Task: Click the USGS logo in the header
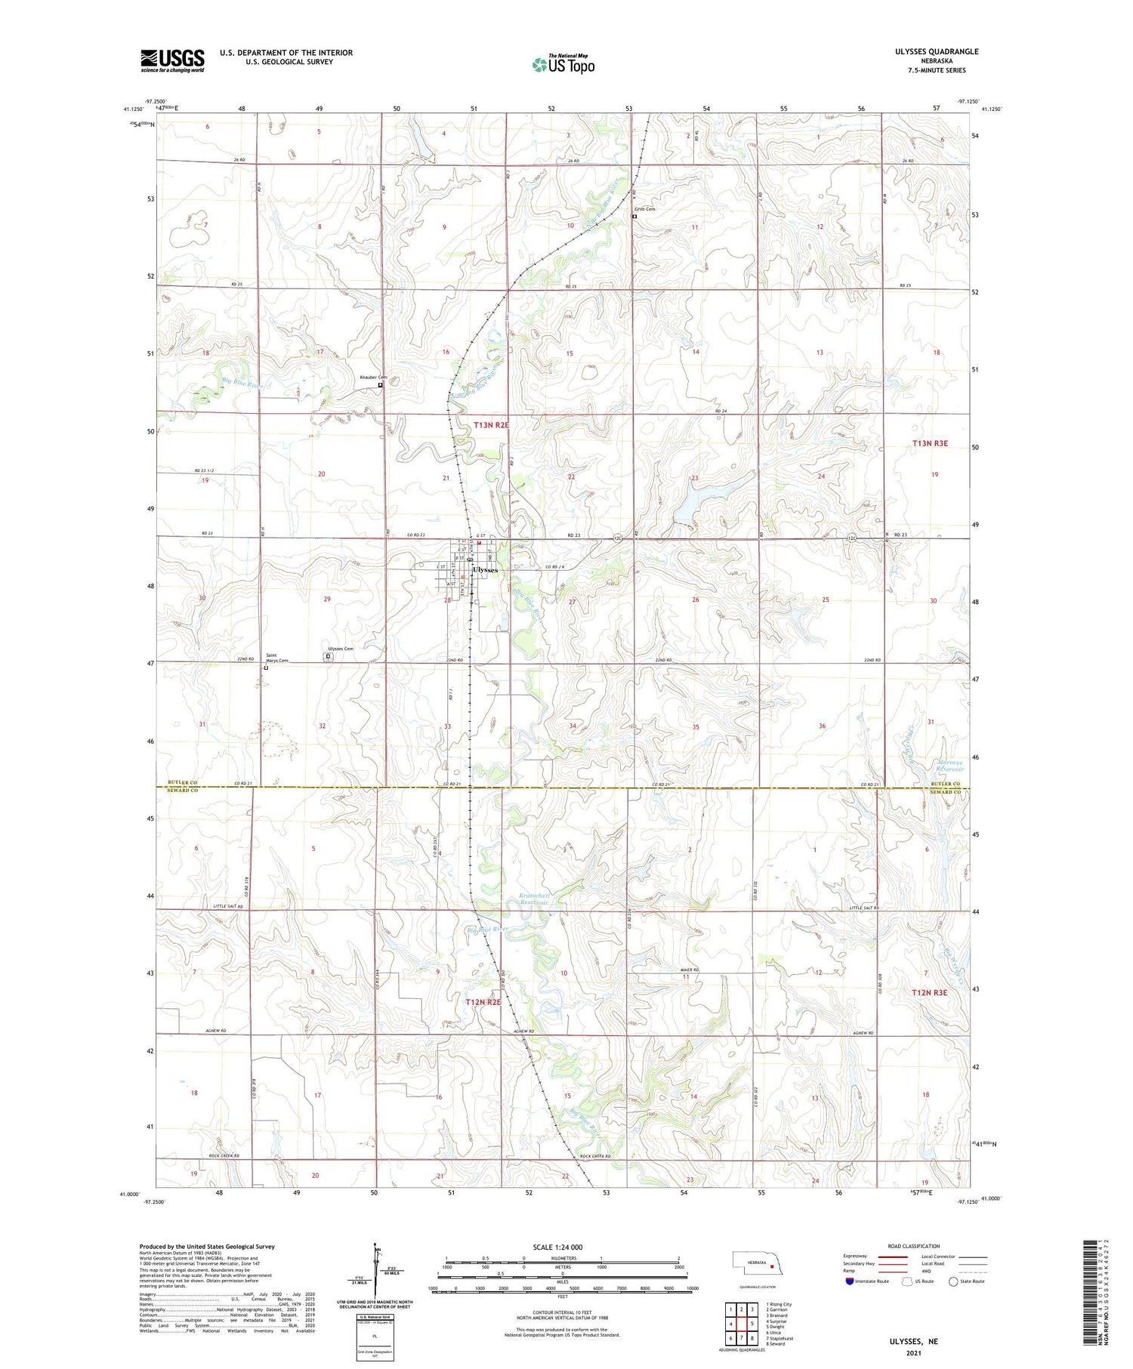172,60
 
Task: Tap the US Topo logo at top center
563,64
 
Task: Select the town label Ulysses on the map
486,570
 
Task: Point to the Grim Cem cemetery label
644,209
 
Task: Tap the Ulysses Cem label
340,649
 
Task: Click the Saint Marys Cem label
276,658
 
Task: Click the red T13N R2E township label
492,426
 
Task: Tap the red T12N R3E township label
928,992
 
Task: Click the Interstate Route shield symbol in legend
850,1281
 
